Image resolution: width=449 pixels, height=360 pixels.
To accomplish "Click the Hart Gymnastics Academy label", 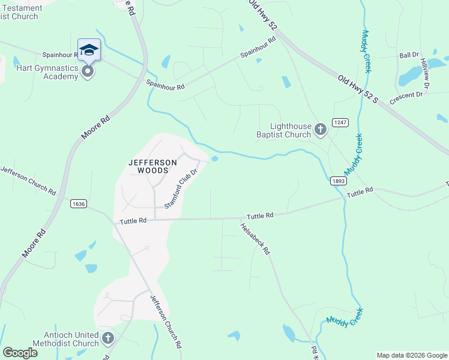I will pyautogui.click(x=39, y=73).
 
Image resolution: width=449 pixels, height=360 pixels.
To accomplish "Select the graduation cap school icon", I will pyautogui.click(x=89, y=49).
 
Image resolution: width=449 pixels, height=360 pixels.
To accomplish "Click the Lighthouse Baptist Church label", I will pyautogui.click(x=291, y=130).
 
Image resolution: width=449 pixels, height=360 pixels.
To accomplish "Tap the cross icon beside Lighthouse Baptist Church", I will pyautogui.click(x=321, y=128).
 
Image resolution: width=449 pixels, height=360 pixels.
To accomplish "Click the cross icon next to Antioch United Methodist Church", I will pyautogui.click(x=108, y=338).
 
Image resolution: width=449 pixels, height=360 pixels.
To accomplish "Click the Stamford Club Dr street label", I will pyautogui.click(x=181, y=188).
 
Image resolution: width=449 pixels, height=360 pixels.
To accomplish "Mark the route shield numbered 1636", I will pyautogui.click(x=78, y=203).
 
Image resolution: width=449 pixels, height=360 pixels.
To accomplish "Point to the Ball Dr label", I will pyautogui.click(x=409, y=55).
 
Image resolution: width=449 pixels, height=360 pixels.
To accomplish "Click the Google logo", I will pyautogui.click(x=20, y=352).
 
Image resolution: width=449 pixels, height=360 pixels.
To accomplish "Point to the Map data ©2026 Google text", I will pyautogui.click(x=411, y=355).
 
